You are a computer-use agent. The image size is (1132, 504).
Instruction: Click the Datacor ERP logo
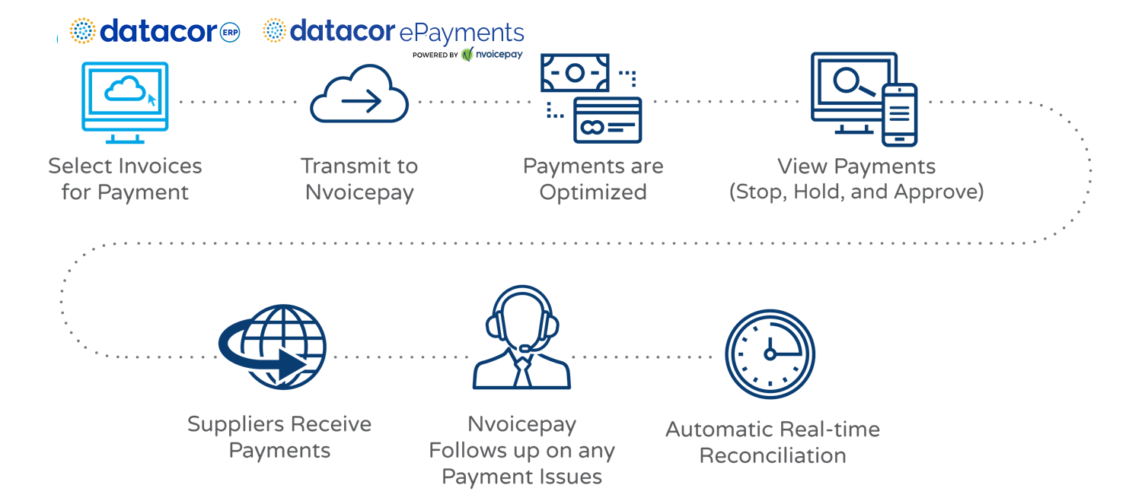click(155, 31)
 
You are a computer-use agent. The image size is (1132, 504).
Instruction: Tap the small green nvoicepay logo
click(492, 54)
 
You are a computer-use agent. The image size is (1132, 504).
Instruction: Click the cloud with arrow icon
click(359, 96)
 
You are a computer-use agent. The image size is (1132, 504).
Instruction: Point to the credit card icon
click(607, 120)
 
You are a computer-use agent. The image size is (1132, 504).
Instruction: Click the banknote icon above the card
click(575, 73)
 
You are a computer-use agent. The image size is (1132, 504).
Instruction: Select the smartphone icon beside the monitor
click(899, 114)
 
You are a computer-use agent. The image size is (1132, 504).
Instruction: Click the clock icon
click(770, 353)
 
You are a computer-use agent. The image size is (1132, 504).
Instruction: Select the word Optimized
click(593, 192)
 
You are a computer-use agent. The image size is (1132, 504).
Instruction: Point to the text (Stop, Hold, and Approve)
click(856, 192)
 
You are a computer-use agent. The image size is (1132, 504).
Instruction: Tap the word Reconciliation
click(773, 456)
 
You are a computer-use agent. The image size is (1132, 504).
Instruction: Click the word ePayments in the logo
click(462, 33)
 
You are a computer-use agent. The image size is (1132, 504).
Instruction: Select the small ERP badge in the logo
click(229, 33)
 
